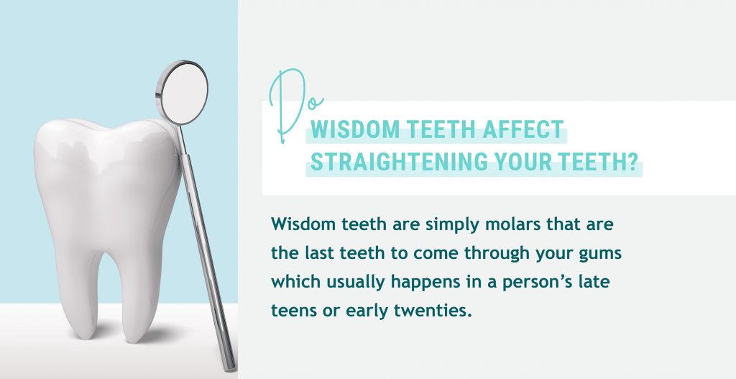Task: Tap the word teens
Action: coord(291,311)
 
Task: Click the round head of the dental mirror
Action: coord(182,93)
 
